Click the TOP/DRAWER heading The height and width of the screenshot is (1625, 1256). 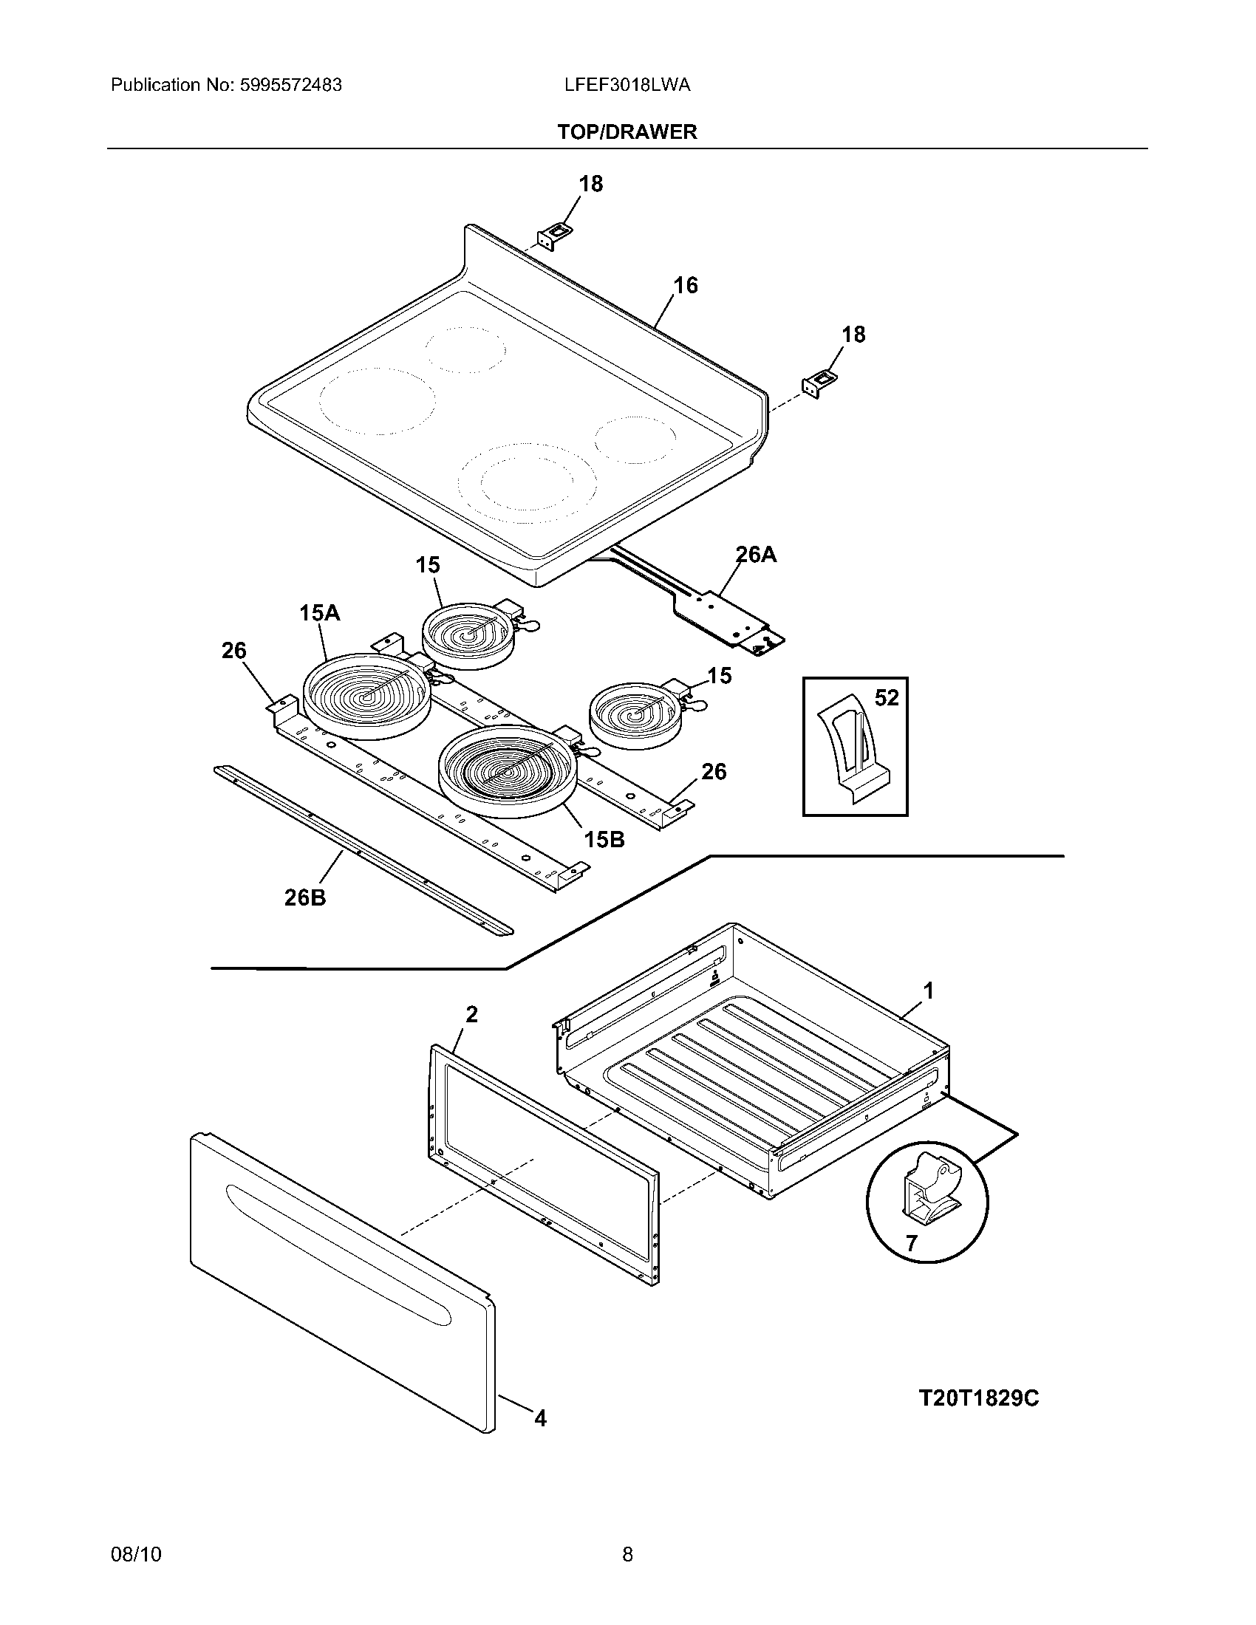627,131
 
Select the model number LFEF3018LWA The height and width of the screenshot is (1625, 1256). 627,85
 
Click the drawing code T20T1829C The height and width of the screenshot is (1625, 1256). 978,1398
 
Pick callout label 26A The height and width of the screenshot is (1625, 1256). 756,554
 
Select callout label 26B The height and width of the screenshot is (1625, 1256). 305,898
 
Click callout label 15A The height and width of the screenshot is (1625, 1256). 320,613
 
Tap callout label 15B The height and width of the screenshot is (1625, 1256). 604,840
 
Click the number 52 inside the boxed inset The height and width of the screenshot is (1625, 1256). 887,698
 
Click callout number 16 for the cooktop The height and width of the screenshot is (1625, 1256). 686,285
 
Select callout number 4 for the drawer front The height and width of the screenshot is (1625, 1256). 541,1419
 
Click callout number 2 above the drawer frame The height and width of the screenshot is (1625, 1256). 472,1014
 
